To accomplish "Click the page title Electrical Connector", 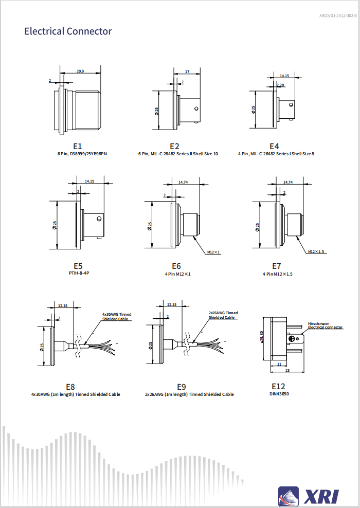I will click(x=68, y=31).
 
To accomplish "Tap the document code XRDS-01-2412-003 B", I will click(x=337, y=16).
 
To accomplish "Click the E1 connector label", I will click(x=78, y=147).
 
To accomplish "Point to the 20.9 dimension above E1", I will click(x=80, y=71).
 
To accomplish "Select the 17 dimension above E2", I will click(x=187, y=71).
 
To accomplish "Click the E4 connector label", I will click(x=274, y=147).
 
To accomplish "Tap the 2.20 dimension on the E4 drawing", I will click(x=280, y=85).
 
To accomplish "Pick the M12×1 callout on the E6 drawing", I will click(x=213, y=252).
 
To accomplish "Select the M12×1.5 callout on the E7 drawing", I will click(x=316, y=251).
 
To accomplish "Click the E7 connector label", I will click(x=277, y=266).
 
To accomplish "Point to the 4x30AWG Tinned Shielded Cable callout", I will click(x=116, y=316).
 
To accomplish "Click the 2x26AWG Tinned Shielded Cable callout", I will click(x=223, y=315).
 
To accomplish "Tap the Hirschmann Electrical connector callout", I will click(x=325, y=325).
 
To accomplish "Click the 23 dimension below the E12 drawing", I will click(x=287, y=370).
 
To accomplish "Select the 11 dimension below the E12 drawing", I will click(x=279, y=364).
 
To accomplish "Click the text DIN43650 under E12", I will click(x=278, y=394).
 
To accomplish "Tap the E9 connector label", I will click(x=182, y=387).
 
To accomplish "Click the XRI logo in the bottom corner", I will click(x=309, y=496).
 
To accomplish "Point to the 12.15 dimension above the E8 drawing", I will click(x=63, y=305).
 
